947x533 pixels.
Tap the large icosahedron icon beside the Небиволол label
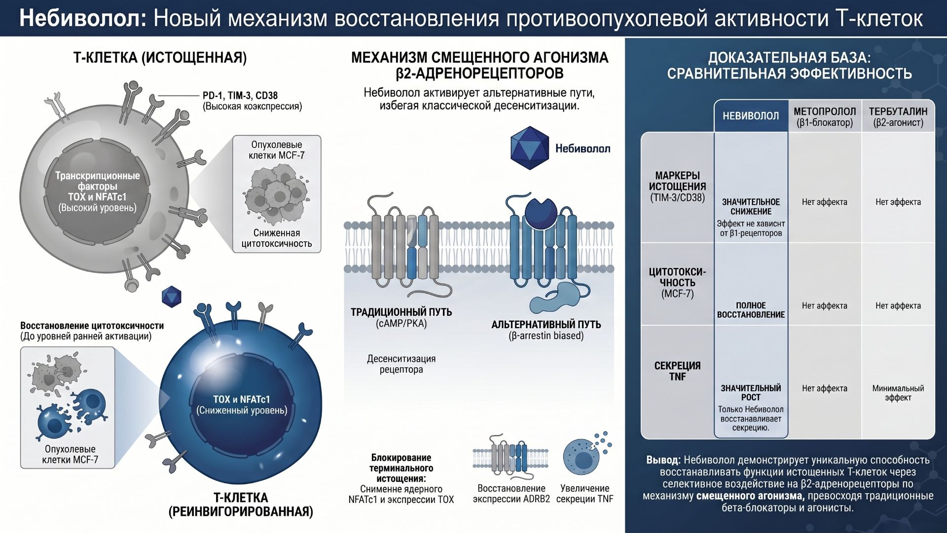529,148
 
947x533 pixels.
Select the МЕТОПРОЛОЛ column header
825,116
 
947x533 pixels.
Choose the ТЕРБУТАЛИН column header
898,116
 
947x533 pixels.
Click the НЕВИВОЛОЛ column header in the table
751,116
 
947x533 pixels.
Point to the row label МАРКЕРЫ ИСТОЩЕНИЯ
677,187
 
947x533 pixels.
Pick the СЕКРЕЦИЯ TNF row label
677,371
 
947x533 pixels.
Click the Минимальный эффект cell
898,393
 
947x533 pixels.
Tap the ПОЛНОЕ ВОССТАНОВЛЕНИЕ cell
751,310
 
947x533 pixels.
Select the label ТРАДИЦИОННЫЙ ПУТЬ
401,312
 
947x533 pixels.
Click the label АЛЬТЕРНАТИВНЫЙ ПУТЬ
546,324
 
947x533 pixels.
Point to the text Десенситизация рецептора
401,364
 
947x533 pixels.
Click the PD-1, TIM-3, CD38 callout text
240,95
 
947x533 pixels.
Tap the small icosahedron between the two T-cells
172,297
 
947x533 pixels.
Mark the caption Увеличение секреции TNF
584,494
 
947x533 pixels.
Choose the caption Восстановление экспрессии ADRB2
511,494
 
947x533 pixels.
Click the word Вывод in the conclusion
663,460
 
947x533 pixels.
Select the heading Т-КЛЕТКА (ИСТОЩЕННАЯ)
160,58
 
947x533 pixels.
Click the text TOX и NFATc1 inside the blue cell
241,399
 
